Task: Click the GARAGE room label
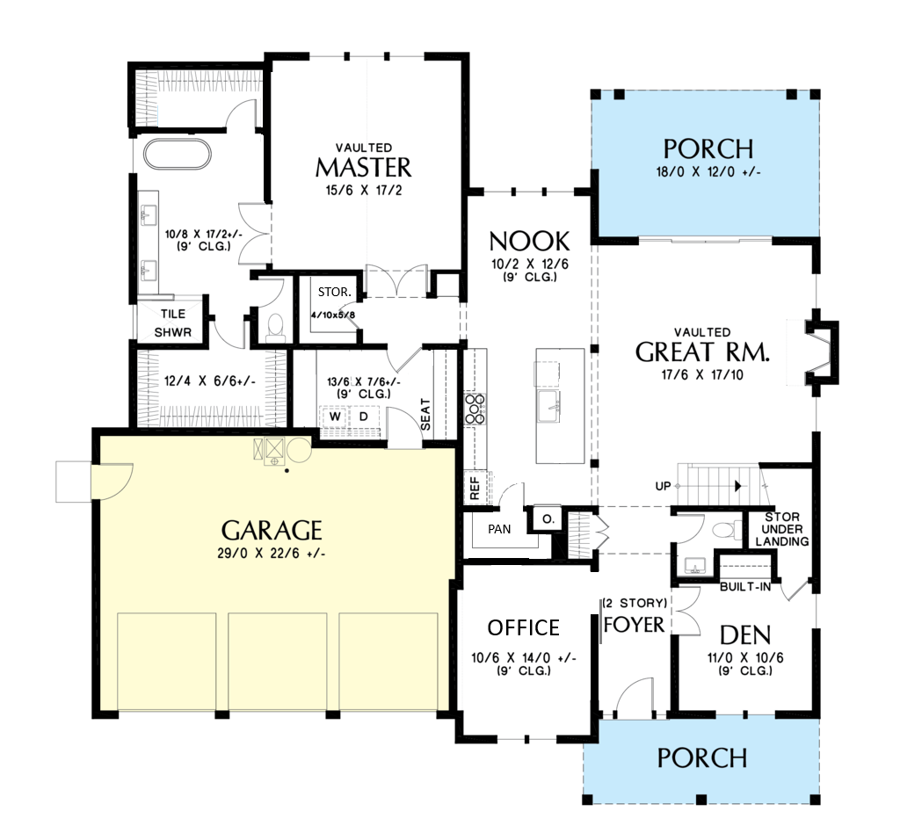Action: pyautogui.click(x=272, y=530)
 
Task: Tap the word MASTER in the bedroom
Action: pyautogui.click(x=363, y=168)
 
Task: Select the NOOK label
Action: pyautogui.click(x=529, y=242)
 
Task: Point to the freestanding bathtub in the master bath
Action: pyautogui.click(x=178, y=154)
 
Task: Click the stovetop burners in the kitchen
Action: pyautogui.click(x=475, y=409)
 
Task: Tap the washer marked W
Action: pyautogui.click(x=335, y=417)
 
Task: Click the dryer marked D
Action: pyautogui.click(x=363, y=417)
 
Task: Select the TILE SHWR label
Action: pyautogui.click(x=173, y=323)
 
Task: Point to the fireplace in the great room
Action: pyautogui.click(x=822, y=353)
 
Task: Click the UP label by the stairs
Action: pyautogui.click(x=663, y=486)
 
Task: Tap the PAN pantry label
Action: pyautogui.click(x=499, y=529)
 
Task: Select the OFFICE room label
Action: pyautogui.click(x=524, y=628)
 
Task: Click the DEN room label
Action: pyautogui.click(x=745, y=635)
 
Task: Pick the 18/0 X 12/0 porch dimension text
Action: pyautogui.click(x=708, y=171)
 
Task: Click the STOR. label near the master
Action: pyautogui.click(x=335, y=292)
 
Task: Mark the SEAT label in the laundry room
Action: pyautogui.click(x=425, y=415)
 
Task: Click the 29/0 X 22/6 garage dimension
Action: pyautogui.click(x=272, y=554)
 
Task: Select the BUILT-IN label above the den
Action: pyautogui.click(x=745, y=587)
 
